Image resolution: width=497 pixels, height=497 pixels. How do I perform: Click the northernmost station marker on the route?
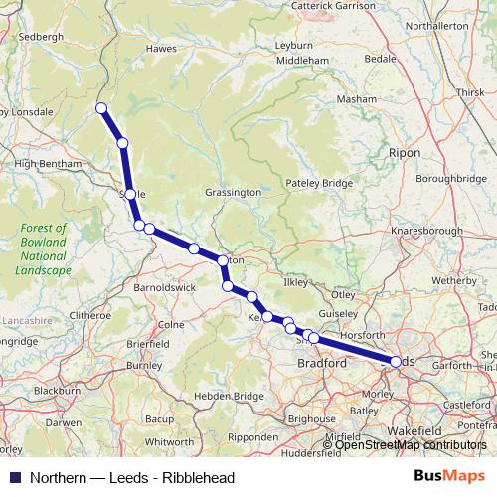[100, 108]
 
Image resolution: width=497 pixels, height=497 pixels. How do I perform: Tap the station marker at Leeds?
[397, 362]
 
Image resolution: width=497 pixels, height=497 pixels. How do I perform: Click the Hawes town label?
[161, 48]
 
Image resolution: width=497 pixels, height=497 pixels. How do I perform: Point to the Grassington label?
[233, 192]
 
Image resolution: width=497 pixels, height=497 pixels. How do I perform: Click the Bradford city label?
[322, 364]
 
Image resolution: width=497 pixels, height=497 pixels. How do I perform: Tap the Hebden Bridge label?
[230, 395]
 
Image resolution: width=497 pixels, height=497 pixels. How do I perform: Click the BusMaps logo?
[444, 477]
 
